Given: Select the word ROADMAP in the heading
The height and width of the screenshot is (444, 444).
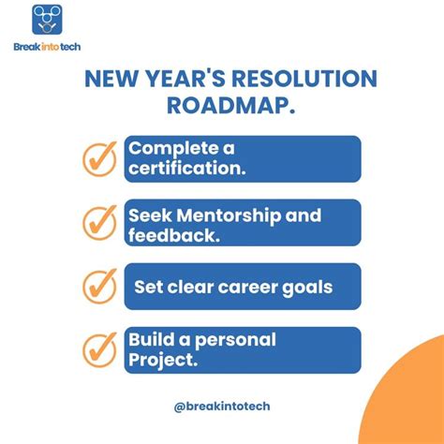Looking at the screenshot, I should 222,105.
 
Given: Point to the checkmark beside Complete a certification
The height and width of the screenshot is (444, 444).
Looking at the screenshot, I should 99,159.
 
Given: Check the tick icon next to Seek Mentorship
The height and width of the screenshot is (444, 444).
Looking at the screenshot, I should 99,222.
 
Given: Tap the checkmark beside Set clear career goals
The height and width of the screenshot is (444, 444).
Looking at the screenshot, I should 99,285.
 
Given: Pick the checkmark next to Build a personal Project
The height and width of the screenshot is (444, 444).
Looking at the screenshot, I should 99,348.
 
